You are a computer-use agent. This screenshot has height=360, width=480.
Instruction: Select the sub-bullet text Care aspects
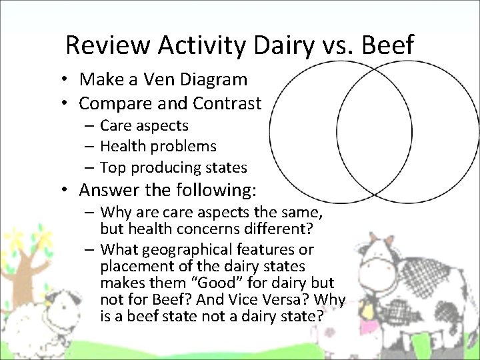(x=144, y=125)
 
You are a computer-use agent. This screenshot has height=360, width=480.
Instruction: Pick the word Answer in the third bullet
(x=109, y=191)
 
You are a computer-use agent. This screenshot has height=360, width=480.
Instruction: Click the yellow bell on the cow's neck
(x=367, y=309)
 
